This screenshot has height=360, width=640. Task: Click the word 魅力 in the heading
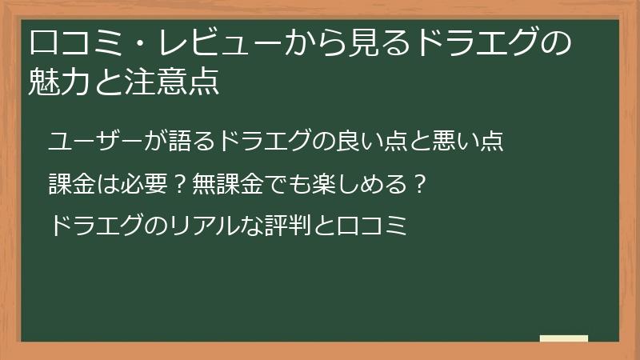(x=56, y=82)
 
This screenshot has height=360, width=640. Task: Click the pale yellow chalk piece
(x=563, y=338)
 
